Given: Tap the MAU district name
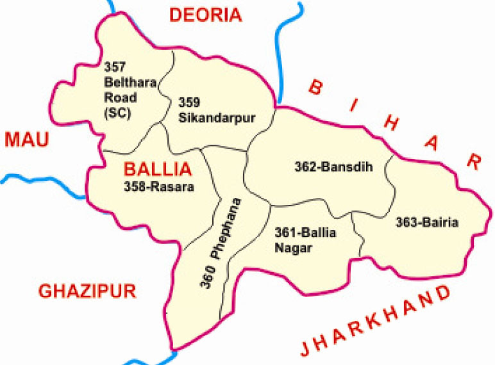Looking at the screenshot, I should [x=26, y=139].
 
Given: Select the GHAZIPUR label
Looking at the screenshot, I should [x=87, y=291].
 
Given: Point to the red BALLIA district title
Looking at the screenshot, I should [x=157, y=170].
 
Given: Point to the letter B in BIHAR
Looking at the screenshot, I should [x=315, y=87].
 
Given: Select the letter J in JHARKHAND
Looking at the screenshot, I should [x=307, y=349].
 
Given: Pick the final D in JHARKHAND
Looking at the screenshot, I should [x=443, y=294].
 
